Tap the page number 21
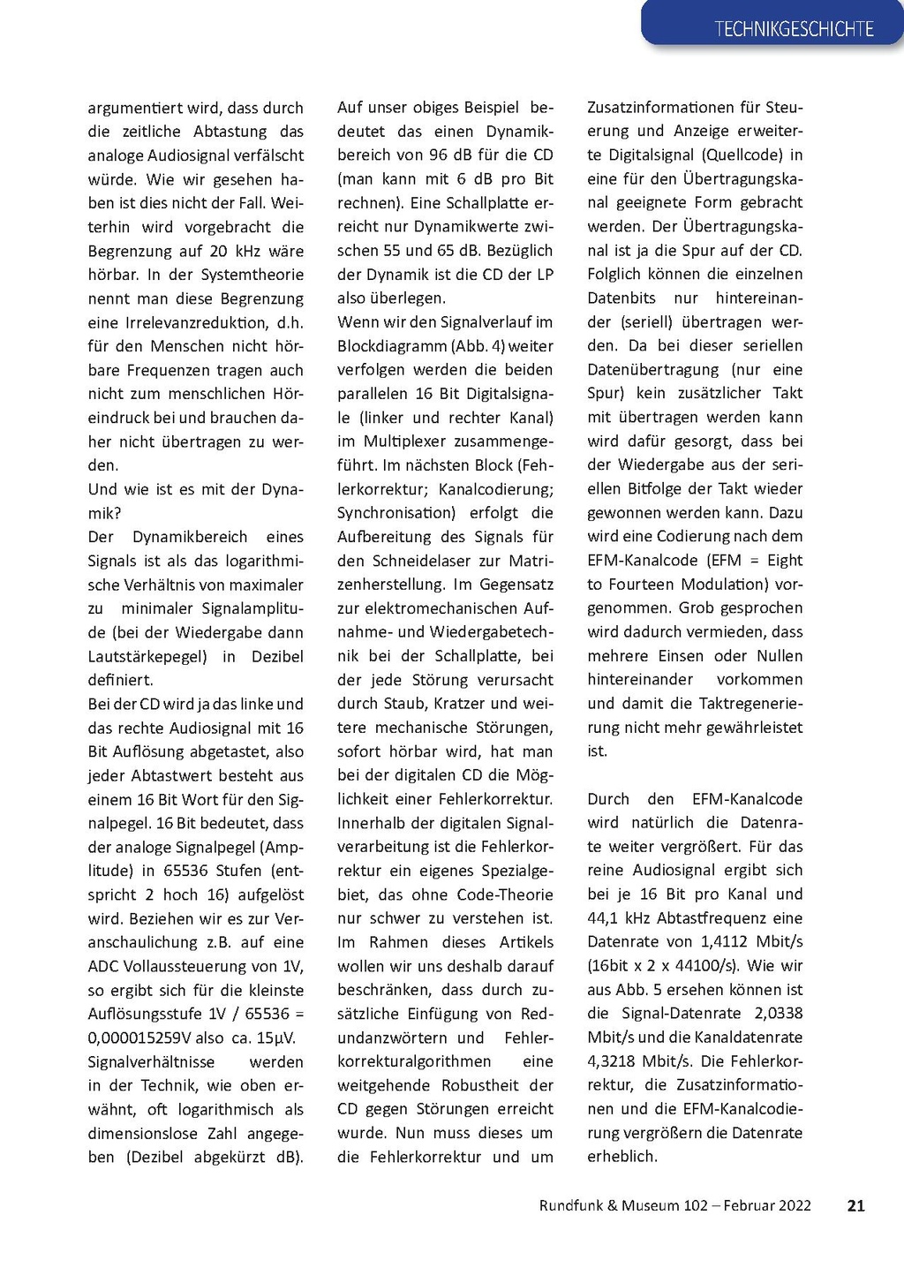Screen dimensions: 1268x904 pyautogui.click(x=855, y=1205)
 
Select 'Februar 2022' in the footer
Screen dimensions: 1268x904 pyautogui.click(x=767, y=1205)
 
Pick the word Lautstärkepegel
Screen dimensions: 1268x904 pyautogui.click(x=147, y=656)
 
